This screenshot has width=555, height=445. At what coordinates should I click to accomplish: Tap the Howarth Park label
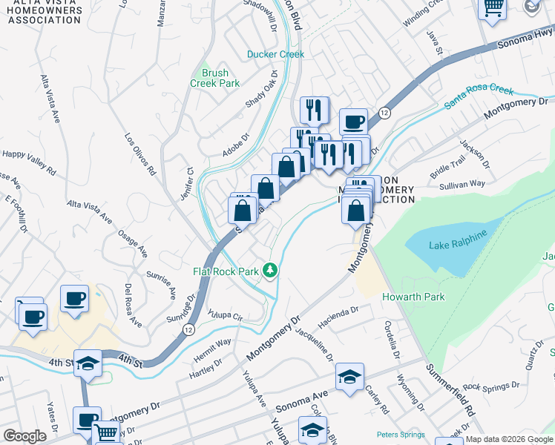click(x=413, y=297)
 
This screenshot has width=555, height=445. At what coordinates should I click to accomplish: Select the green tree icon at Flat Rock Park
click(x=272, y=271)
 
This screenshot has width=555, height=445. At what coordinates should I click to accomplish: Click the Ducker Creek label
click(x=275, y=54)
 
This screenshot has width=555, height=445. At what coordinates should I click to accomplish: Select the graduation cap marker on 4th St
click(x=88, y=363)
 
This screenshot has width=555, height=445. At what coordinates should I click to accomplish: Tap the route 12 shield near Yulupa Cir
click(x=189, y=332)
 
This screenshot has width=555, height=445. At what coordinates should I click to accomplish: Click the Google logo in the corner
click(x=24, y=436)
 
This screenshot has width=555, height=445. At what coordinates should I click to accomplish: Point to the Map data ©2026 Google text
click(x=509, y=439)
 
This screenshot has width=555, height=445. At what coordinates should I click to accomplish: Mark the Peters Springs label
click(x=401, y=435)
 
